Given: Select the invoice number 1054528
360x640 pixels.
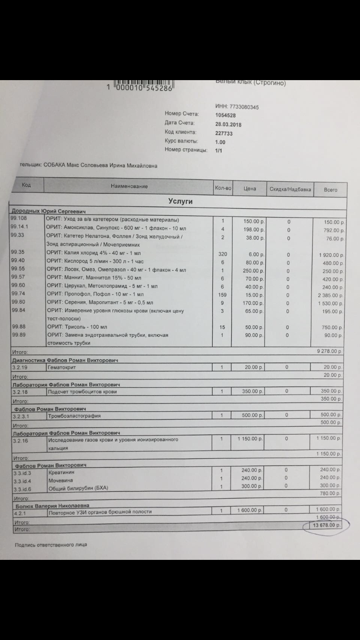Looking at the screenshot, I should point(225,116).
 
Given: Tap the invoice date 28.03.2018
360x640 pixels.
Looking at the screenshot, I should point(228,124).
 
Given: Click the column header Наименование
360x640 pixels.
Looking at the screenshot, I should point(129,186).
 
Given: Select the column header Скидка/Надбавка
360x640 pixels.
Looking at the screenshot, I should point(289,189).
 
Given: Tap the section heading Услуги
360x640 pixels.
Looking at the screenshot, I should point(180,201).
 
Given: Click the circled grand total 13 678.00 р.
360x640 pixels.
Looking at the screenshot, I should point(326,526).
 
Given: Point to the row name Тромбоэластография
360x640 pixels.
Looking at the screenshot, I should point(74,416).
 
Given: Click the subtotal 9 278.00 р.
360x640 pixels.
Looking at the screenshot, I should point(329,352).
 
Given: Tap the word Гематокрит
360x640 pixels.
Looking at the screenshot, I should point(62,367).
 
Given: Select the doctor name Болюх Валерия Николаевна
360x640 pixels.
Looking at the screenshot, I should point(52,505).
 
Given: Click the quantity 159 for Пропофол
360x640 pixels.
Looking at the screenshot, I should point(222,294).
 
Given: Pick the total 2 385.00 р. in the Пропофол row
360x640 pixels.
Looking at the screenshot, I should point(331,295).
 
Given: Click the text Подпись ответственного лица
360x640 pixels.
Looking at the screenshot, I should point(51,545).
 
